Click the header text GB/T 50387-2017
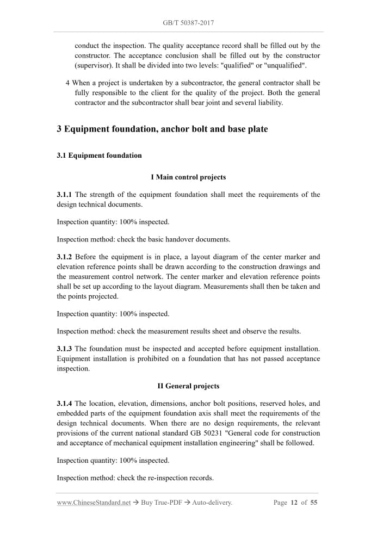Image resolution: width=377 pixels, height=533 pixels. (x=188, y=23)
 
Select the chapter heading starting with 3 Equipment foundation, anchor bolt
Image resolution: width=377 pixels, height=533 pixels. (x=162, y=129)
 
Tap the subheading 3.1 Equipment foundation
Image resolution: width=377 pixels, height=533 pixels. (x=99, y=156)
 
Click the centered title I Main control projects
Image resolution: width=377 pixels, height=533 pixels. (x=188, y=177)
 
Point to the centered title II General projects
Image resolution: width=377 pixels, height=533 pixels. (x=188, y=386)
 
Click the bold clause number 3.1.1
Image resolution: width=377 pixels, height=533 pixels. (x=65, y=195)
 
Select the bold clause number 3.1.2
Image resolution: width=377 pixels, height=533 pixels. (x=65, y=257)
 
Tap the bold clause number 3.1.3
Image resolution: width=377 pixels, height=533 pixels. (x=65, y=348)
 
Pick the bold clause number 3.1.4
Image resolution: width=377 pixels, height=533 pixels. (x=65, y=404)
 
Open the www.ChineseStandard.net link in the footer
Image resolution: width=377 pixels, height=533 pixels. (x=94, y=503)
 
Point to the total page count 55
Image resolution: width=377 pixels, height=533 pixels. (x=314, y=503)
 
